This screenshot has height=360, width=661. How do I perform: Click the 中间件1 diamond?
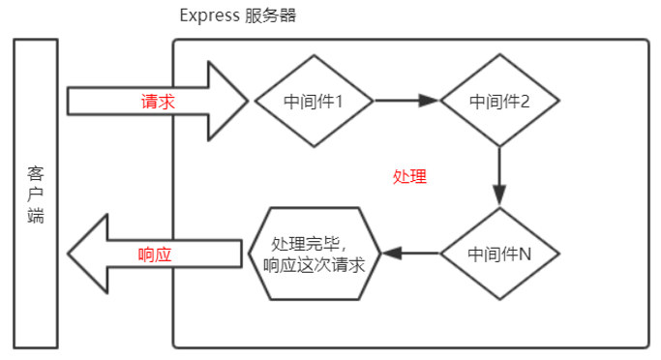(313, 100)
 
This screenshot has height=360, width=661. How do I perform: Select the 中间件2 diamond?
(498, 100)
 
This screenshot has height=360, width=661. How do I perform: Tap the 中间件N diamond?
(498, 254)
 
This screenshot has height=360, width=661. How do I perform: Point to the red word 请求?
(158, 101)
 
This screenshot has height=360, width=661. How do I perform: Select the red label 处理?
(409, 177)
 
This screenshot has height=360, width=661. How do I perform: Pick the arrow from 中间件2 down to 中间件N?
(498, 174)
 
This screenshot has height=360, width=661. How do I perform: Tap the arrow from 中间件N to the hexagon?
(410, 254)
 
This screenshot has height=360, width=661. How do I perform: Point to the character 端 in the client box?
(36, 216)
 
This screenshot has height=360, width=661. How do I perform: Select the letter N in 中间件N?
(525, 254)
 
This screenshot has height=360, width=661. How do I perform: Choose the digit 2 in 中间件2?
(525, 101)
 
